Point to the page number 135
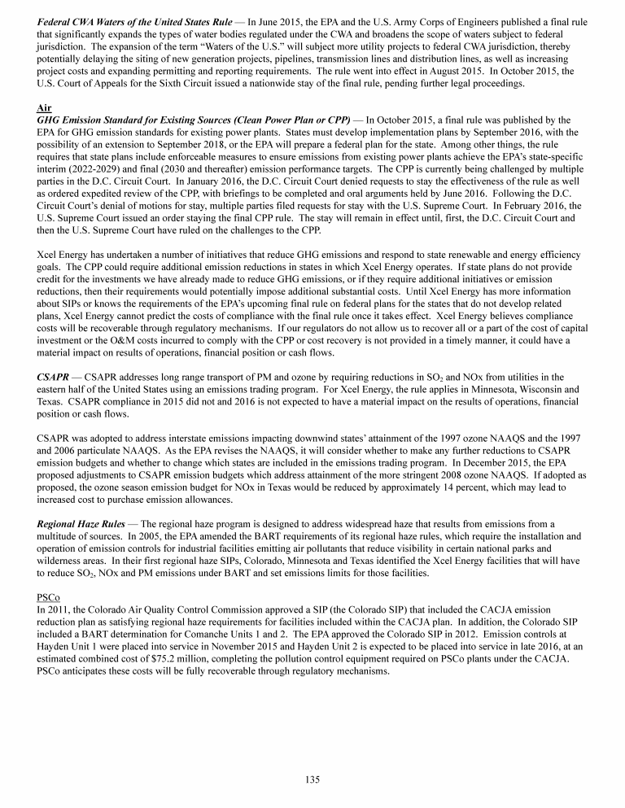pyautogui.click(x=312, y=780)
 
